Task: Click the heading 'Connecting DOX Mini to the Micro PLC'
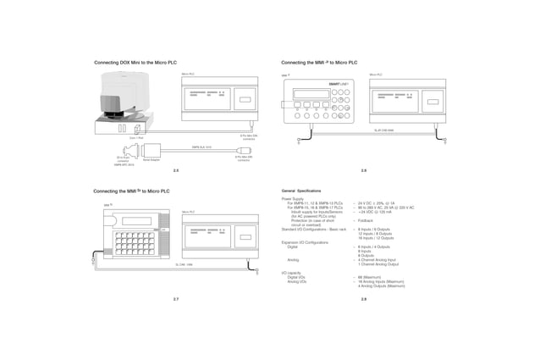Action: pyautogui.click(x=135, y=64)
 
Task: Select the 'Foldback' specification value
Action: pyautogui.click(x=366, y=220)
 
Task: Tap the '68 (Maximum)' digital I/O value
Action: pyautogui.click(x=371, y=277)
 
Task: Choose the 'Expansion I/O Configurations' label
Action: pyautogui.click(x=305, y=242)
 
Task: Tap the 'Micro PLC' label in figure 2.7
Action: pyautogui.click(x=188, y=212)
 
